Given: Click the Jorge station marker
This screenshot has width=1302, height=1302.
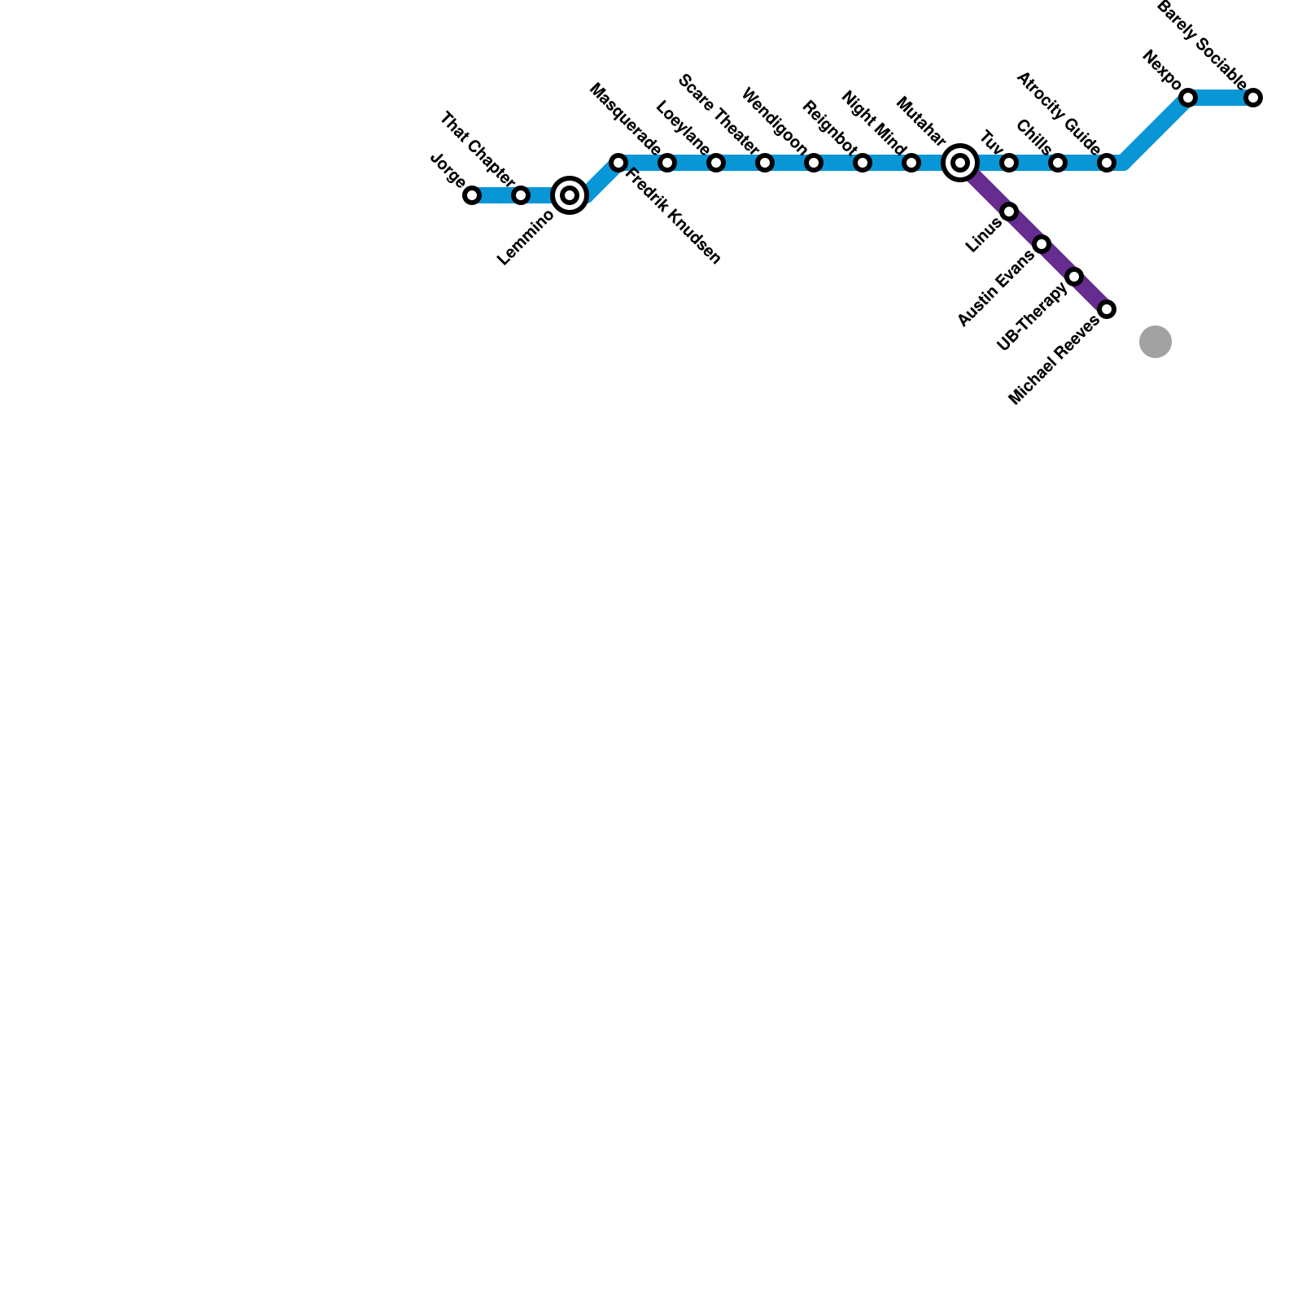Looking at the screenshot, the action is (472, 195).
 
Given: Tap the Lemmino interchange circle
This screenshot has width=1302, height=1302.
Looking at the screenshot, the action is (570, 195).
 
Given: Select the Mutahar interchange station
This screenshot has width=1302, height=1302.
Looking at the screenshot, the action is (960, 163).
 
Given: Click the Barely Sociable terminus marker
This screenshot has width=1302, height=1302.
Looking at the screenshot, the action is (1253, 98).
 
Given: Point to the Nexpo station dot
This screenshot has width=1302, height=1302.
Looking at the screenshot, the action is (1188, 98).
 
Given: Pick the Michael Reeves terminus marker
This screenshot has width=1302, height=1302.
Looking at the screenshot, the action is (1107, 309).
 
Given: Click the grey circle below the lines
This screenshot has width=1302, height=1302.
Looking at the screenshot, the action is (1155, 342).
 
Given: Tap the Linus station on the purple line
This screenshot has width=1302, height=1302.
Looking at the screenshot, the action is (1009, 212).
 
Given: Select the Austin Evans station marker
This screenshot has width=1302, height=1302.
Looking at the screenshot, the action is (1042, 244).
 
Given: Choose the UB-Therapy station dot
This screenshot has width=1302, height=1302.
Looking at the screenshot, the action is (1074, 277).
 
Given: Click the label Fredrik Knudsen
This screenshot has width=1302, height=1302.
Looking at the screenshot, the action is (672, 216).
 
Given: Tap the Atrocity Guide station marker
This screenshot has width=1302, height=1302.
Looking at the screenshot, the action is (1107, 163).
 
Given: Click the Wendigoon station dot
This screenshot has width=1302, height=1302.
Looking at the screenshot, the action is (814, 163).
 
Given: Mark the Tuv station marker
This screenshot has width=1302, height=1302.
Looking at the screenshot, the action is (1009, 163).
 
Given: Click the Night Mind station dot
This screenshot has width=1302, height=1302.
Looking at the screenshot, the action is (911, 163).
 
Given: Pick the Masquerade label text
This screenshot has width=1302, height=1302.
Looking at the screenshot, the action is (624, 118).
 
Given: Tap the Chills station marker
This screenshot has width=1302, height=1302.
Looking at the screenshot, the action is (1058, 163).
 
